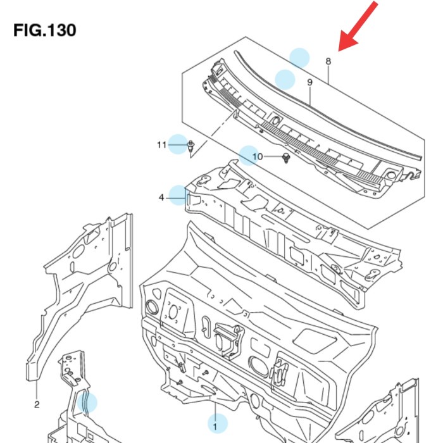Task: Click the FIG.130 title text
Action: point(44,30)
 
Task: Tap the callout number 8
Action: point(328,61)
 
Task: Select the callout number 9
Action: point(310,83)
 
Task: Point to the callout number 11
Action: point(161,146)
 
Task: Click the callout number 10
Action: point(257,156)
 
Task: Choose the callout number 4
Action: point(161,198)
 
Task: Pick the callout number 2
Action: point(37,404)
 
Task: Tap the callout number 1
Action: point(215,427)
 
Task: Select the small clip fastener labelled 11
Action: point(191,147)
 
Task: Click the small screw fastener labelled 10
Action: point(286,157)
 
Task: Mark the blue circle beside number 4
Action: point(178,195)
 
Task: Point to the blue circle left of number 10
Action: point(248,155)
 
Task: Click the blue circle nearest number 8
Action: point(299,58)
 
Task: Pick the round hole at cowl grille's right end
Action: point(392,174)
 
